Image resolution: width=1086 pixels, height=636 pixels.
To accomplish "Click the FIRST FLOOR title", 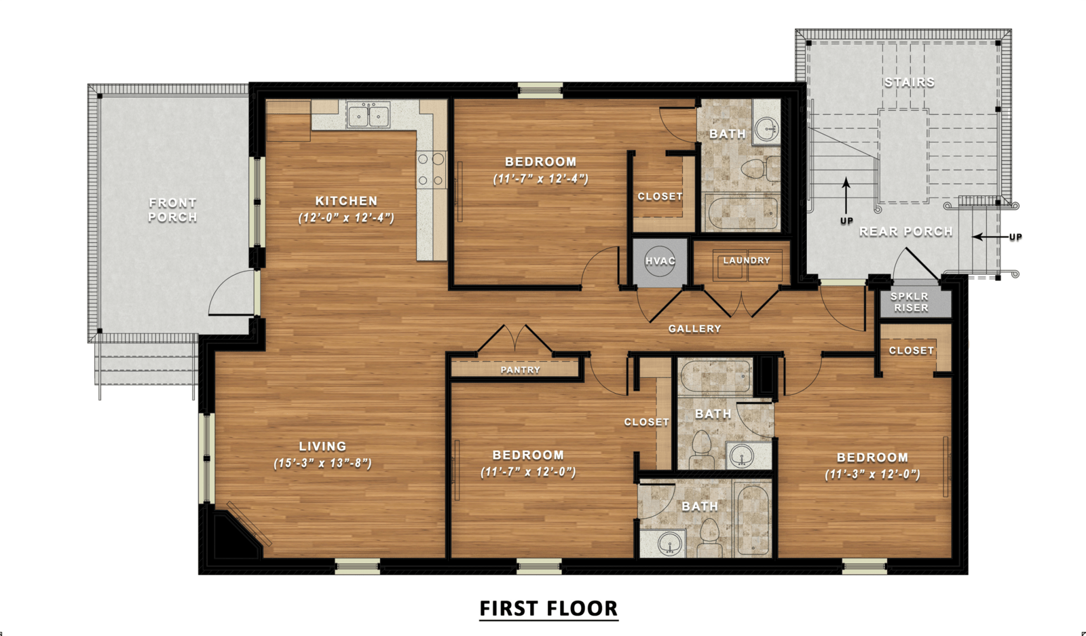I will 548,608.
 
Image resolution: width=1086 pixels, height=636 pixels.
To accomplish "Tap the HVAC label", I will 660,261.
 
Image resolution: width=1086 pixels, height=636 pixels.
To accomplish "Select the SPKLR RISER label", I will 911,302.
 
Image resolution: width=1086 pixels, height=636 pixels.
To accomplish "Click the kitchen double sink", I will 368,115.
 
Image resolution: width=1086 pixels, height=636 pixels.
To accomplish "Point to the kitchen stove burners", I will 431,170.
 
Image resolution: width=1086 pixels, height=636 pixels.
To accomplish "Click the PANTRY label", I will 520,370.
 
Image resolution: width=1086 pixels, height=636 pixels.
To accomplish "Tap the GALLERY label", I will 694,329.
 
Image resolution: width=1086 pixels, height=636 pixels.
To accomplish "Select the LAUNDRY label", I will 746,261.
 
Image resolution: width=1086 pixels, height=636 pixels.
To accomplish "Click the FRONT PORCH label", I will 172,210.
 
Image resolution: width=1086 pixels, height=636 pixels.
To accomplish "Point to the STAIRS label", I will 910,82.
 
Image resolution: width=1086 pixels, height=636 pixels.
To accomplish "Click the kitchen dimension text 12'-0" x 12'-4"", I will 346,218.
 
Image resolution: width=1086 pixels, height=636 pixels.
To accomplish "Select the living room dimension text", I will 322,464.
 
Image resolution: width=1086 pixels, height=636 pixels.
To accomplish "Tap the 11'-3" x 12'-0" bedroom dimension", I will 872,474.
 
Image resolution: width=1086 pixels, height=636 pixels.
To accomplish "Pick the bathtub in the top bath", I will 742,212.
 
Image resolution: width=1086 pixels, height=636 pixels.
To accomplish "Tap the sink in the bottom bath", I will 670,544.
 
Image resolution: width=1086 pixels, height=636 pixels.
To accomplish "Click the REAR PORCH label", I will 905,231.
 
